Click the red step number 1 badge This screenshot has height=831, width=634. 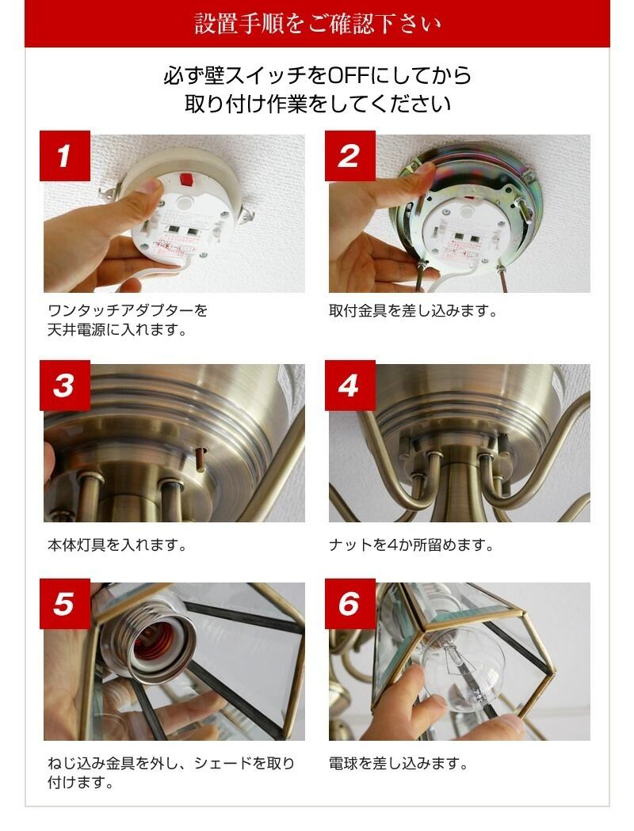[x=65, y=156]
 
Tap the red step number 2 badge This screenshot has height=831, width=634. [x=350, y=156]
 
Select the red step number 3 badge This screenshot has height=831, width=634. [x=65, y=385]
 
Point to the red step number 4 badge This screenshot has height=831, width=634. [x=350, y=385]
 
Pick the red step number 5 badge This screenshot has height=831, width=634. [x=65, y=604]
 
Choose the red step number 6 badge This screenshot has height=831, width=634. [x=350, y=604]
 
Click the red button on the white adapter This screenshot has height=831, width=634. [x=186, y=179]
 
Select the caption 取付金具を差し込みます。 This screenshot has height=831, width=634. [x=413, y=310]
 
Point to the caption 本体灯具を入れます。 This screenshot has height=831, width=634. [x=116, y=545]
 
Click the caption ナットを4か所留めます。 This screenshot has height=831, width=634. [x=411, y=545]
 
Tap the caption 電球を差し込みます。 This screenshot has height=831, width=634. [x=399, y=764]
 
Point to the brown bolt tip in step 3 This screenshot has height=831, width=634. [x=201, y=458]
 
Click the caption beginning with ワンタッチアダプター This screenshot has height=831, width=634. [x=128, y=320]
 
